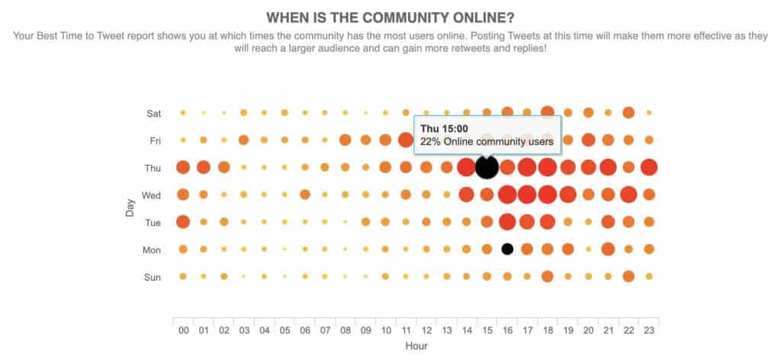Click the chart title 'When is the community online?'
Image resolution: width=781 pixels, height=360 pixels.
[389, 17]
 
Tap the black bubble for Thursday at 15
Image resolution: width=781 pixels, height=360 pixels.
[487, 167]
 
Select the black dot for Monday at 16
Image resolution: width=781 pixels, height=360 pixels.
[506, 249]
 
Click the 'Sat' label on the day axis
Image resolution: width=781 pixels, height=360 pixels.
[153, 113]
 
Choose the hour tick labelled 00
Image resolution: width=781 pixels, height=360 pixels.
[183, 330]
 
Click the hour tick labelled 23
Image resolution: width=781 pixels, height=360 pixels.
[648, 330]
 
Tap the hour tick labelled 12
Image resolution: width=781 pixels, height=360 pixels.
[426, 330]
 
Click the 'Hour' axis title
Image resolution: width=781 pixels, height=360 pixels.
[416, 346]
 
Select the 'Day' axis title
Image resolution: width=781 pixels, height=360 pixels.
[130, 204]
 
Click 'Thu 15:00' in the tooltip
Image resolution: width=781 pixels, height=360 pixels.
[444, 128]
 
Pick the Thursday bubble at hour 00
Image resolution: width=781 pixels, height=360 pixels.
[183, 167]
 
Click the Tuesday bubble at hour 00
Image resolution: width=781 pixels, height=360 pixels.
[183, 222]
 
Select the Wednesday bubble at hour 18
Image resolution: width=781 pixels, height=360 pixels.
[547, 194]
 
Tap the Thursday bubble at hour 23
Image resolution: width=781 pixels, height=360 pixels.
[648, 167]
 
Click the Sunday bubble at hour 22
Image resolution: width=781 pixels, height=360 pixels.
[628, 276]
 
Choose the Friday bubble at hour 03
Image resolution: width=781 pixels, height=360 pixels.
[243, 140]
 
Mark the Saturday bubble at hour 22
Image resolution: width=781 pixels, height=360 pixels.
[628, 112]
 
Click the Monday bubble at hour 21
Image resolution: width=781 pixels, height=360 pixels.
[608, 249]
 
